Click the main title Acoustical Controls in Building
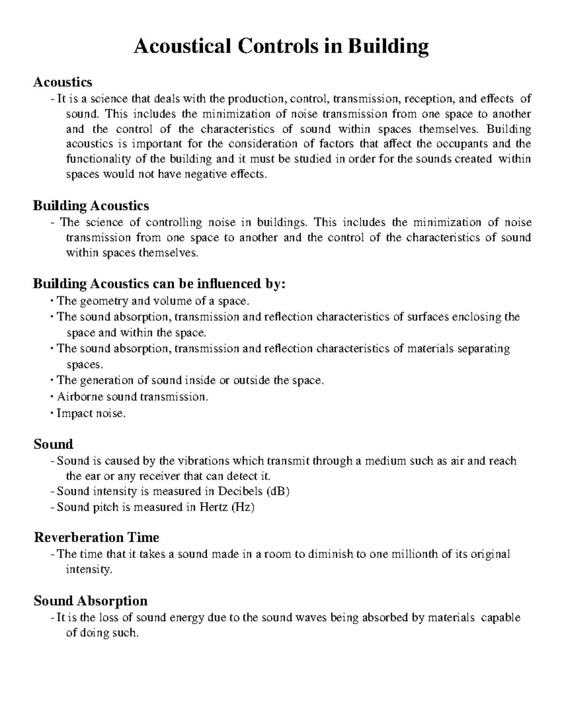click(x=281, y=47)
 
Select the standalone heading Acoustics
click(x=63, y=82)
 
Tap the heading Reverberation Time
click(x=96, y=537)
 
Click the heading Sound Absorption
click(x=90, y=601)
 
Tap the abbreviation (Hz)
click(x=243, y=507)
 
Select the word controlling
click(x=174, y=222)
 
